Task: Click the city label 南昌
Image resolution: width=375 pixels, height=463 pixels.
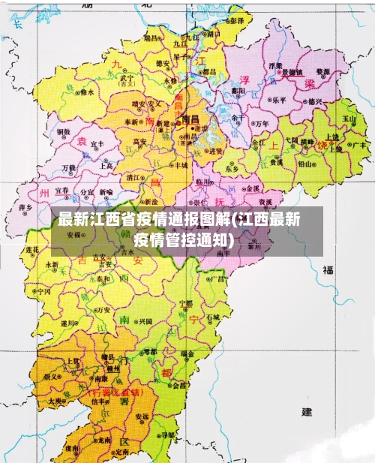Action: (x=189, y=119)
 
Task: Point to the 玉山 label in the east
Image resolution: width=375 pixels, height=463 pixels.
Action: (x=349, y=118)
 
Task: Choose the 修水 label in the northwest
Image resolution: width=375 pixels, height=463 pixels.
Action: (x=87, y=92)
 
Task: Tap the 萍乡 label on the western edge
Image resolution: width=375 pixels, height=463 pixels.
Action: (x=25, y=206)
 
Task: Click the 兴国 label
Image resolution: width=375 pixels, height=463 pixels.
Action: (x=145, y=320)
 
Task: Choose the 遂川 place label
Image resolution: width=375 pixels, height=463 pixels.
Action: (x=68, y=323)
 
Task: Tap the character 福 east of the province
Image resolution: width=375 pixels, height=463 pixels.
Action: (x=328, y=271)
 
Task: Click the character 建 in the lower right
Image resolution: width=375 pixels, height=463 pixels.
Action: (x=306, y=412)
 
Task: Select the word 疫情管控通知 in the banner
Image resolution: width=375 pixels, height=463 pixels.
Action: (x=182, y=240)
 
